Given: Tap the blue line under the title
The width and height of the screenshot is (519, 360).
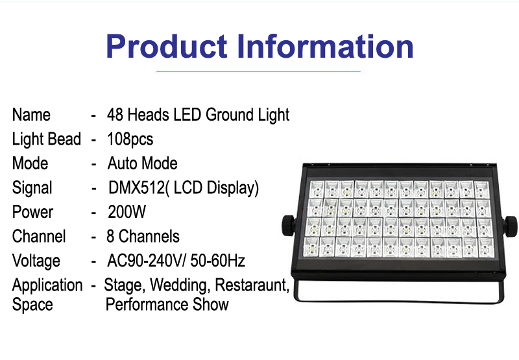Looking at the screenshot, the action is click(x=258, y=71).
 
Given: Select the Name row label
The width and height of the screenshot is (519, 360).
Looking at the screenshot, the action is click(x=31, y=115).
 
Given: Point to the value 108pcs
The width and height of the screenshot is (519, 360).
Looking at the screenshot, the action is click(x=130, y=139).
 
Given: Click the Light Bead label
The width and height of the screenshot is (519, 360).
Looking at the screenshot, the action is click(x=46, y=139).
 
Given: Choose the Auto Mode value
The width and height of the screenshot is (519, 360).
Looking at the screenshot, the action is click(x=142, y=163).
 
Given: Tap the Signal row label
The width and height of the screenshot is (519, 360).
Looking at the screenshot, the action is click(x=32, y=188).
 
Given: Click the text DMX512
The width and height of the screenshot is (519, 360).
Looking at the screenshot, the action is click(x=136, y=187).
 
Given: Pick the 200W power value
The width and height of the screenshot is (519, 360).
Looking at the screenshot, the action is click(x=127, y=212).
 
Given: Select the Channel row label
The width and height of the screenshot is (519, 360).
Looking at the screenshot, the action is click(x=39, y=236).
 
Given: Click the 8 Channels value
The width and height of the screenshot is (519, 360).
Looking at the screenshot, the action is click(x=143, y=236).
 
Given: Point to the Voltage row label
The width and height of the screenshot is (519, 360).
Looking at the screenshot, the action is click(x=36, y=261).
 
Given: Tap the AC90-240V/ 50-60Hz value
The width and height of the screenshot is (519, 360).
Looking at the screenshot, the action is click(x=176, y=261).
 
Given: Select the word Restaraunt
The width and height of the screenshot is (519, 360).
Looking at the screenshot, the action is click(x=252, y=285).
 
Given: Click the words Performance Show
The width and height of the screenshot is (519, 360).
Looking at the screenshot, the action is click(x=167, y=304).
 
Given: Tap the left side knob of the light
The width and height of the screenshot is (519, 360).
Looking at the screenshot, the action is click(x=289, y=225).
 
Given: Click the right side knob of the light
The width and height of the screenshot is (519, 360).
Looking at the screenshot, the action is click(x=511, y=226).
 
